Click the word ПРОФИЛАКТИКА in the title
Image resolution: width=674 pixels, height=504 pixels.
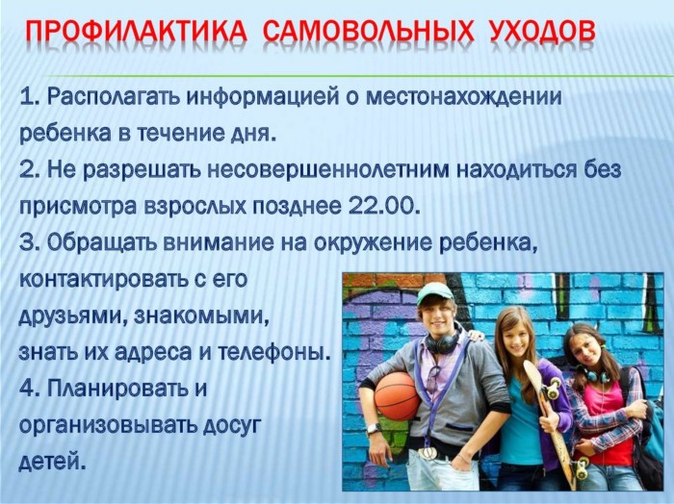point(137,32)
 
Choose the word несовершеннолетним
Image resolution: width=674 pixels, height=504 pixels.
point(328,170)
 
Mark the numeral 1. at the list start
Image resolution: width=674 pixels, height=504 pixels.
point(30,97)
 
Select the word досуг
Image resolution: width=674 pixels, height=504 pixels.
point(232,426)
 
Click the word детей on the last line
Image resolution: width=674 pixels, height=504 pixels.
point(50,463)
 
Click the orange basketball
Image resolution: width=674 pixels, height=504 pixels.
point(397,396)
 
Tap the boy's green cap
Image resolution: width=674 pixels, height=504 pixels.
point(434,292)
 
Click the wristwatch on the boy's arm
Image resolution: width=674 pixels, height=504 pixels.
point(374,428)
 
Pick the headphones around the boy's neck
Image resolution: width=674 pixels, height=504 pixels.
point(442,341)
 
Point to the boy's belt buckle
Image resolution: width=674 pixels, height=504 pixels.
point(428,452)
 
